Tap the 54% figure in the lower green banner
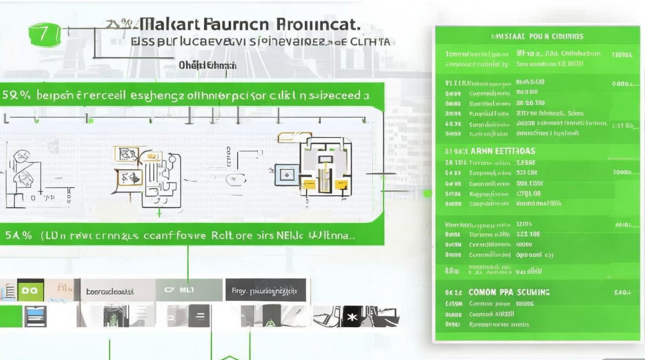click(19, 236)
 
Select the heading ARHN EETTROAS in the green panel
click(502, 151)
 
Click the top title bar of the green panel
click(537, 36)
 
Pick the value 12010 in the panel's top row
click(622, 54)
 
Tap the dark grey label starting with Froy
click(265, 290)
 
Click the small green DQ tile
click(30, 291)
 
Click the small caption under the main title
click(207, 65)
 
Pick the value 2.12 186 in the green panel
click(528, 234)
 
